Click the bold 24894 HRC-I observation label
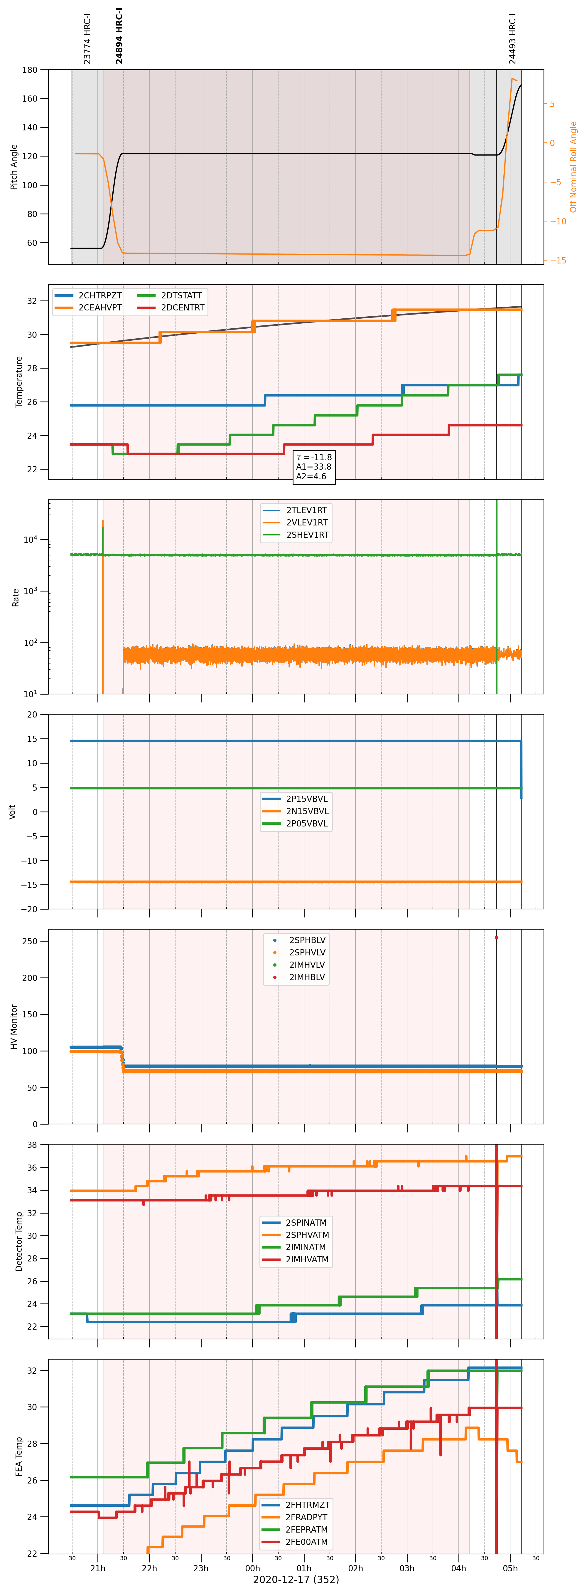(119, 36)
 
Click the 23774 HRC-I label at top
(87, 38)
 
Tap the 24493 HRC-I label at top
(512, 38)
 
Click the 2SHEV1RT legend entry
(296, 535)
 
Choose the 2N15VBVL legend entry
(296, 811)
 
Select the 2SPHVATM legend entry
(296, 1234)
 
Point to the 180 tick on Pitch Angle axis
(30, 70)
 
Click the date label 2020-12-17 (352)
(296, 1579)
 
